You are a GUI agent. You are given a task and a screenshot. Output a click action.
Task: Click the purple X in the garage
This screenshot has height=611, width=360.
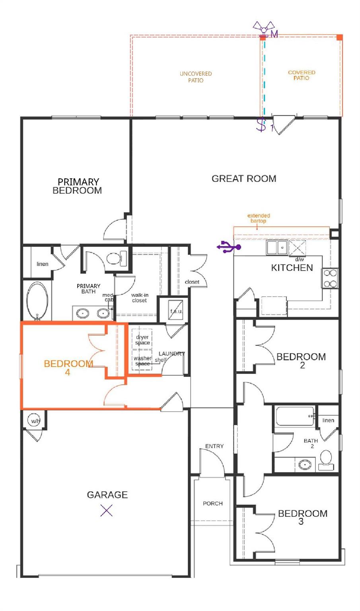tap(106, 510)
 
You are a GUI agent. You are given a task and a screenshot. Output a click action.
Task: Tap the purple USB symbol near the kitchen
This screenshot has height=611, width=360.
tap(229, 247)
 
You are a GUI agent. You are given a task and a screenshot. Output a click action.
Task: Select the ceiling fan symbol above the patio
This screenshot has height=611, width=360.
tap(264, 28)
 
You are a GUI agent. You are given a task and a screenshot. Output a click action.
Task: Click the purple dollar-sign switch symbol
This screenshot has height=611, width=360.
tap(261, 125)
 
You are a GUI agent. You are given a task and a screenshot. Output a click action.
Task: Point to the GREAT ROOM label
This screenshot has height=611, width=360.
tap(243, 179)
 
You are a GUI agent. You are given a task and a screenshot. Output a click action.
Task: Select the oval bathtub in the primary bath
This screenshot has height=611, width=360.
tap(37, 300)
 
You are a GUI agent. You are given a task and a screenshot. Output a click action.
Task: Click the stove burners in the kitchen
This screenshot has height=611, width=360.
tap(330, 278)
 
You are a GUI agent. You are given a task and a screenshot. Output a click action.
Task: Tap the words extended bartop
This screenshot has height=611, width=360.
tap(259, 218)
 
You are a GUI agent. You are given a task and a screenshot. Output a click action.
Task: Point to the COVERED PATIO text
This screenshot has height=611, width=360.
tap(301, 75)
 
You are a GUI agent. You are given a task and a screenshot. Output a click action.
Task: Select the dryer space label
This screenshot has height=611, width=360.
tap(142, 340)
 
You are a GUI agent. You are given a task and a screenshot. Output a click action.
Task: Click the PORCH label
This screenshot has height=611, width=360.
tap(212, 503)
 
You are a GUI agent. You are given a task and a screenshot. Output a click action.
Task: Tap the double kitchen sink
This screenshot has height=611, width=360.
tap(277, 247)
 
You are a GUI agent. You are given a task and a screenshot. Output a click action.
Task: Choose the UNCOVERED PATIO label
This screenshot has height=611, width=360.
tap(195, 77)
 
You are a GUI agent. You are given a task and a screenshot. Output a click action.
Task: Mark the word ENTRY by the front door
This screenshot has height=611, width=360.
tap(214, 446)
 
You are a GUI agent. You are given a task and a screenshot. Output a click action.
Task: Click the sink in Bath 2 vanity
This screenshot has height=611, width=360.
tap(305, 464)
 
